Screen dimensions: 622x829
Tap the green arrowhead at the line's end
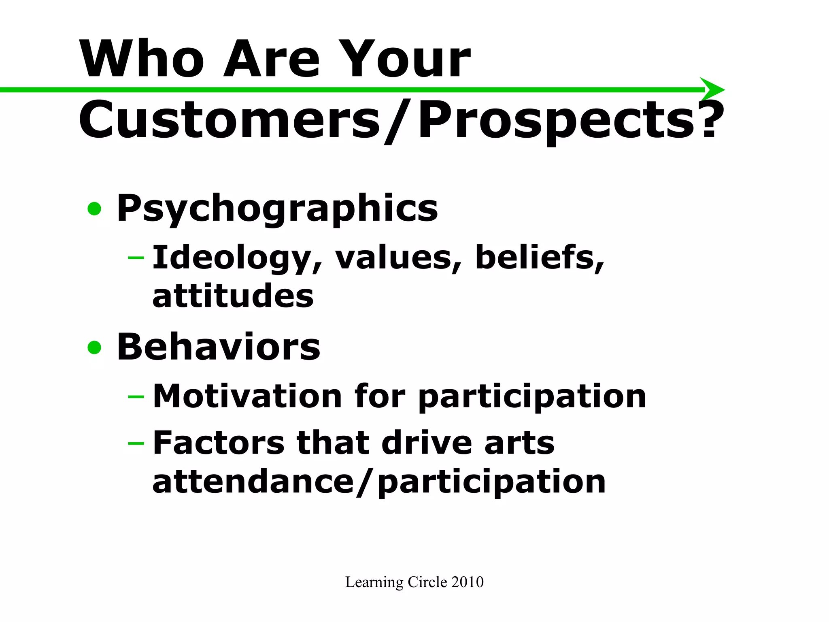coord(713,89)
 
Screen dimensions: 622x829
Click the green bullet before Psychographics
coord(94,209)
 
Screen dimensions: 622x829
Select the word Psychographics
coord(277,209)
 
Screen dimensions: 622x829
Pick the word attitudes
coord(233,296)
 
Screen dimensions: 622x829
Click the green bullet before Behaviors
coord(94,347)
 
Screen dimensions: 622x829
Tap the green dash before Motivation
coord(136,396)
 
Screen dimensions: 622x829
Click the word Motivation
coord(247,396)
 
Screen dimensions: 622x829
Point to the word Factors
coord(219,443)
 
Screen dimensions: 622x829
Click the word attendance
coord(253,482)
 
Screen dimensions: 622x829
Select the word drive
coord(427,443)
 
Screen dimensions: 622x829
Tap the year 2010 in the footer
coord(467,582)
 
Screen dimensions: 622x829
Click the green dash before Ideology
coord(136,258)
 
